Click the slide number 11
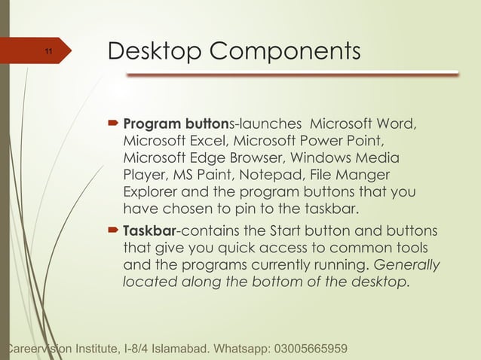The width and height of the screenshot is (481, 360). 47,52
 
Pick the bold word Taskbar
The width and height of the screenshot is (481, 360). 150,230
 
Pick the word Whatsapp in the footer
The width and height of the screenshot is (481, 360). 239,350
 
